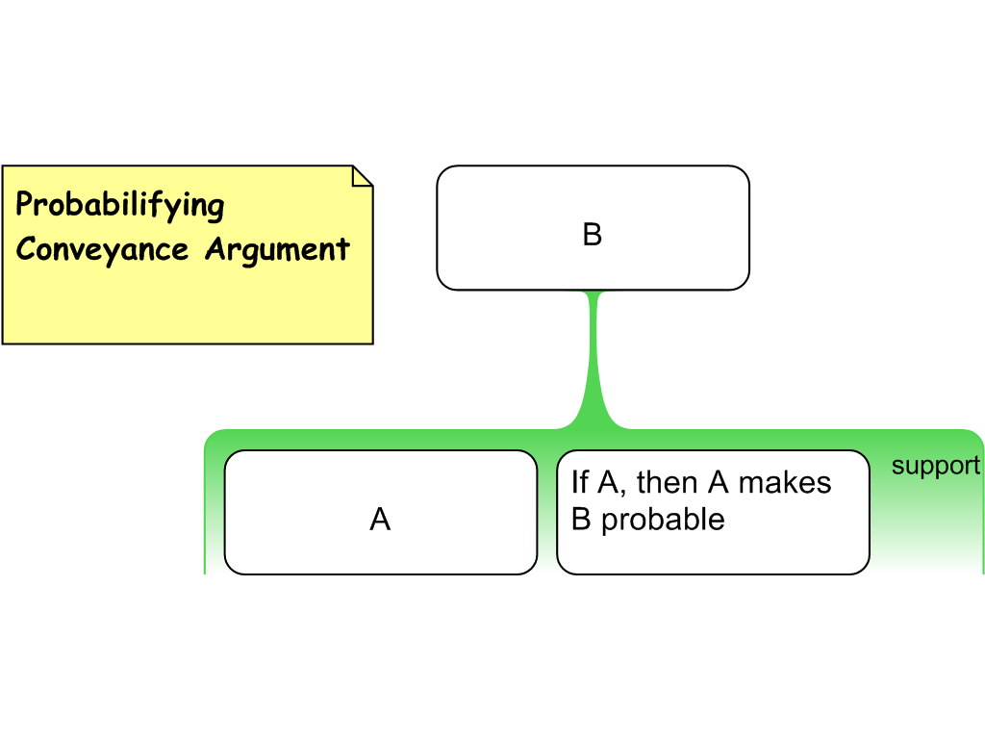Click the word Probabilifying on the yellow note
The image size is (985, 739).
(x=120, y=205)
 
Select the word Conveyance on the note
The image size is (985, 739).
(x=102, y=249)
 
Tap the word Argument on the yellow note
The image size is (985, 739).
(x=277, y=249)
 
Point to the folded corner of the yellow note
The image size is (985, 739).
(x=362, y=175)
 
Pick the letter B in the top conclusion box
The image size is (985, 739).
(x=593, y=235)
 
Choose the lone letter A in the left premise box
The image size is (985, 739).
(x=380, y=520)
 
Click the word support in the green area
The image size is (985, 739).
(x=935, y=466)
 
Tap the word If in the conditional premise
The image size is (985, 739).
(x=579, y=481)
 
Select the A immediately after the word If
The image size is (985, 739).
(x=607, y=481)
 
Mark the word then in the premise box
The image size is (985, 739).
(x=667, y=481)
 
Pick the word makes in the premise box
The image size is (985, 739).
(x=785, y=481)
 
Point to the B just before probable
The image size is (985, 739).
(x=580, y=519)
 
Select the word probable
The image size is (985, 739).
(x=662, y=520)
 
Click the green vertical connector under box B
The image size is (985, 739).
(x=594, y=356)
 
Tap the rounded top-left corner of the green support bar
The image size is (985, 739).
(x=212, y=438)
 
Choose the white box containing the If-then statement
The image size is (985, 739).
(x=713, y=548)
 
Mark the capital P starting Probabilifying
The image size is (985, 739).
(x=25, y=204)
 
